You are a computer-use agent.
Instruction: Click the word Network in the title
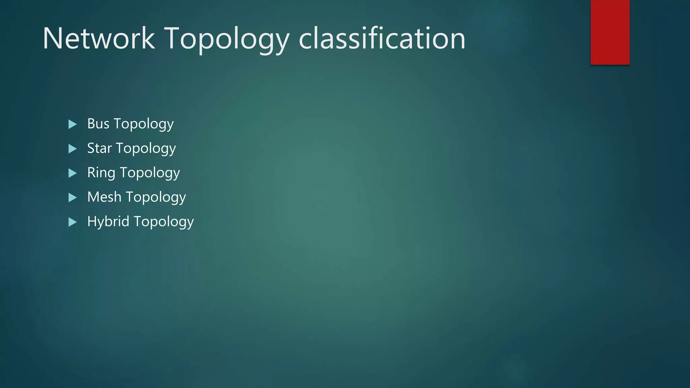click(x=99, y=39)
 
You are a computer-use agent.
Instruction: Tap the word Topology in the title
click(x=226, y=40)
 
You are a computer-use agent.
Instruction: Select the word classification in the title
click(x=382, y=39)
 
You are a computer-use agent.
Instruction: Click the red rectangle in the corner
click(x=610, y=32)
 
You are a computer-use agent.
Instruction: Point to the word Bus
click(x=98, y=124)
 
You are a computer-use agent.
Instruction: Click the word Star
click(x=99, y=148)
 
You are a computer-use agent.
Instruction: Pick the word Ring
click(x=101, y=173)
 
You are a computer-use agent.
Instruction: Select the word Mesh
click(x=104, y=197)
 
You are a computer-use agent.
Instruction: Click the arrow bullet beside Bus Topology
click(x=72, y=124)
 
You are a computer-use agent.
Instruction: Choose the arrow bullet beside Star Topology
click(x=72, y=149)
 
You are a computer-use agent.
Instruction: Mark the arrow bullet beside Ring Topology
click(x=72, y=173)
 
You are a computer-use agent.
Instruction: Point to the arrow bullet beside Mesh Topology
click(x=72, y=197)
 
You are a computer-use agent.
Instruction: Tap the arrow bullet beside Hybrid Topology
click(x=72, y=222)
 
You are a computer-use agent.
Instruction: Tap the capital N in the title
click(x=53, y=39)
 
